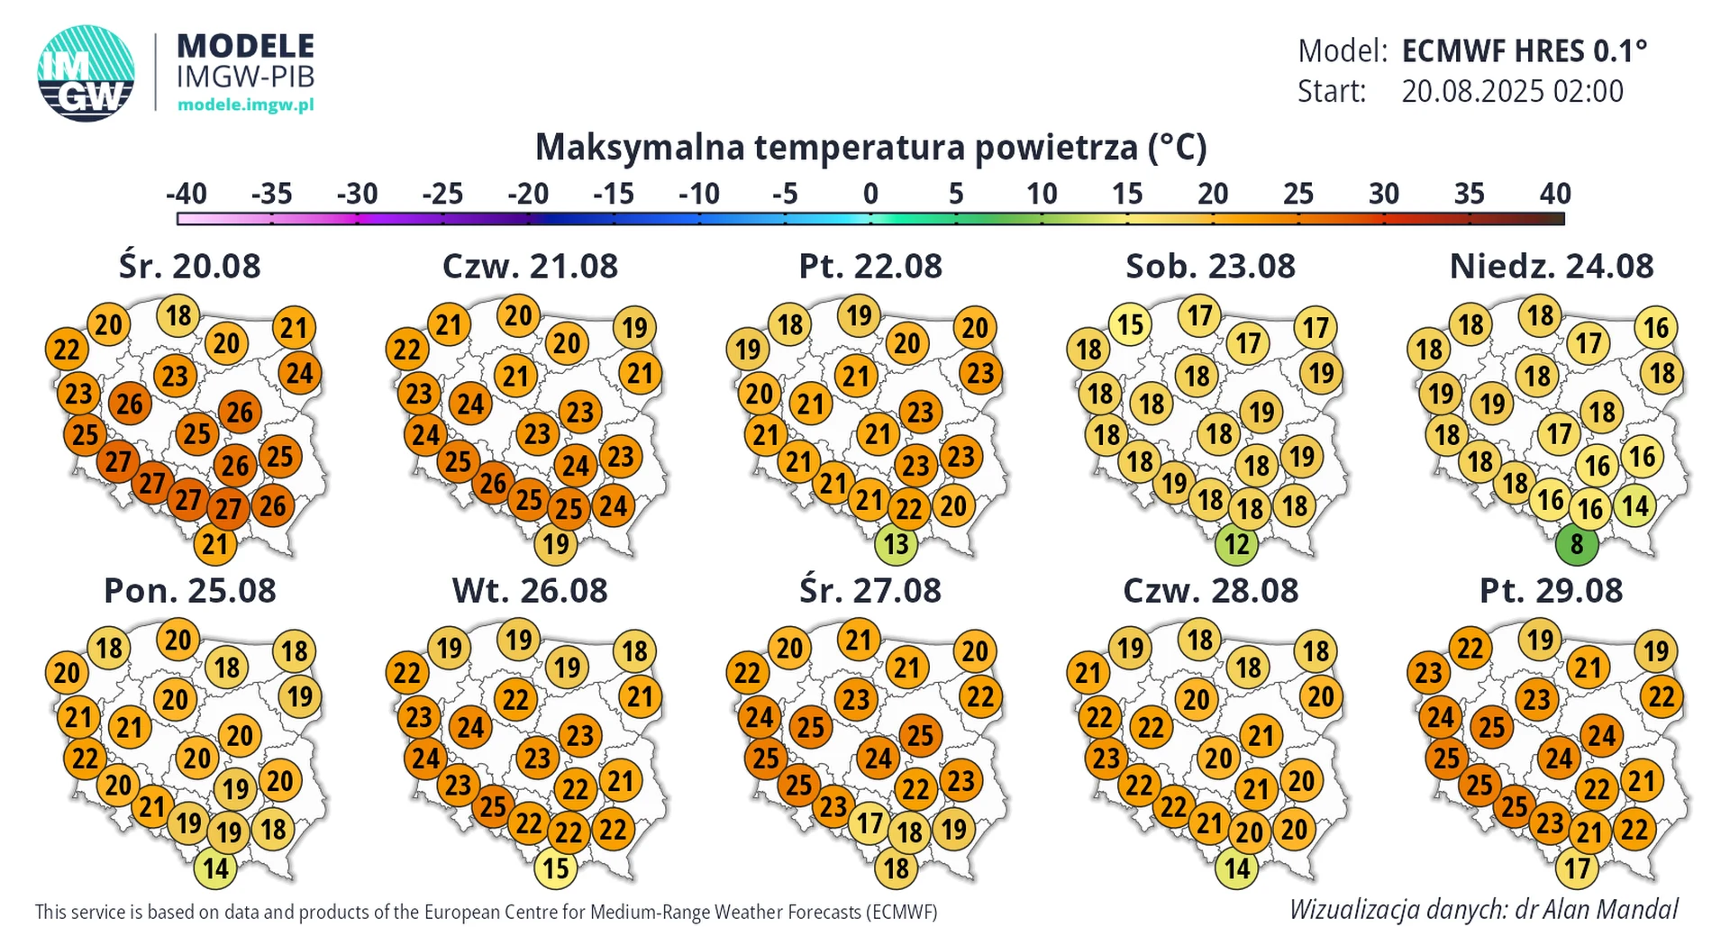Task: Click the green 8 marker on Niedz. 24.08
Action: [x=1576, y=544]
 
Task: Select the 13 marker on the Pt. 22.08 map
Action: [x=896, y=544]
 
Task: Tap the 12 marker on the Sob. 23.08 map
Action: [x=1236, y=544]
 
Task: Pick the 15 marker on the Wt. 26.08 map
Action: [x=555, y=868]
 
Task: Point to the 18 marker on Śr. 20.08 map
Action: [x=178, y=315]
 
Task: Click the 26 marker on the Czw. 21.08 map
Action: [x=493, y=484]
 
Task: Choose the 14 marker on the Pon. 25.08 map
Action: [x=215, y=868]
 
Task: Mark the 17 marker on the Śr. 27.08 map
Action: [x=870, y=823]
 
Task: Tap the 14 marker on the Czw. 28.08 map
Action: [x=1236, y=868]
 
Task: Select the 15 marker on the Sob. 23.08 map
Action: [x=1131, y=324]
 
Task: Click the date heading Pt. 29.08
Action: [x=1551, y=591]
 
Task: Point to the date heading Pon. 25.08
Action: [x=190, y=591]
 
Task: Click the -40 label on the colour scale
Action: [x=187, y=194]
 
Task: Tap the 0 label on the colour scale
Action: [x=870, y=194]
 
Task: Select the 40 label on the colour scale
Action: [x=1555, y=194]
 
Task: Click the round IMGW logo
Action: [x=86, y=74]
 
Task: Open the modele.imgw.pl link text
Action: [x=245, y=105]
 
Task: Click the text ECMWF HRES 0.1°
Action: [x=1524, y=51]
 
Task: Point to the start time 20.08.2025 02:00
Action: [x=1512, y=91]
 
